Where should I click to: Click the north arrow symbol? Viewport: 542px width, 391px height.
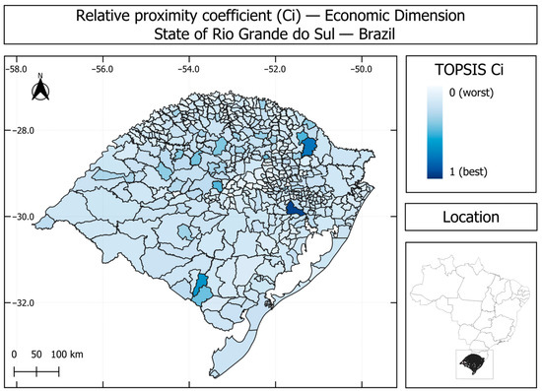[40, 88]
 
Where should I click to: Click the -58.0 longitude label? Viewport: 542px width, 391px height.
[16, 69]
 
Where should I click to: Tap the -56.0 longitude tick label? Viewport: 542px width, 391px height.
[102, 69]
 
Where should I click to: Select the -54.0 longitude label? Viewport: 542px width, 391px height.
[189, 69]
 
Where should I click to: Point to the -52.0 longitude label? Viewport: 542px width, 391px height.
[275, 69]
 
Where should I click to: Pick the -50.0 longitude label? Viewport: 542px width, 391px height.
[362, 69]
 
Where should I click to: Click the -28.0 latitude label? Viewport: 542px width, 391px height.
[24, 131]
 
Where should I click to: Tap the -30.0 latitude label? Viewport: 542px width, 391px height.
[24, 217]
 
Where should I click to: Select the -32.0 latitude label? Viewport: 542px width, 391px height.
[24, 303]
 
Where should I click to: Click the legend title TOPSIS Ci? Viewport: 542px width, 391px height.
[469, 70]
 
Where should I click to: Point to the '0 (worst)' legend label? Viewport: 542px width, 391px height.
[471, 93]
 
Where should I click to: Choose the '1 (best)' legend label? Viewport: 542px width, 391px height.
[468, 171]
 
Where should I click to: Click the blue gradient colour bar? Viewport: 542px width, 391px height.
[435, 133]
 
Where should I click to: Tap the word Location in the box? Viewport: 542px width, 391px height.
[471, 217]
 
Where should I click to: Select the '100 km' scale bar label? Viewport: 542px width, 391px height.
[67, 355]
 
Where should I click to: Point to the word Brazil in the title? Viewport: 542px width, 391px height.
[376, 34]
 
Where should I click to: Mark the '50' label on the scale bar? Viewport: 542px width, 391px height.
[36, 355]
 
